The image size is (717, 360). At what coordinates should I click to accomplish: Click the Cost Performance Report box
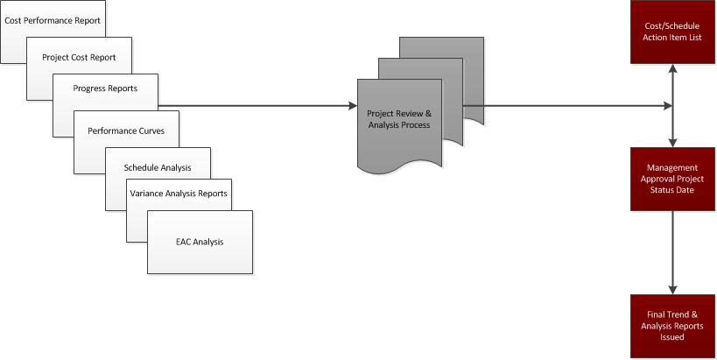click(53, 18)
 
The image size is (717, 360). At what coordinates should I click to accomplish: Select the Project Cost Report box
click(79, 57)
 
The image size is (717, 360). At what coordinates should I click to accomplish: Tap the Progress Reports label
click(105, 88)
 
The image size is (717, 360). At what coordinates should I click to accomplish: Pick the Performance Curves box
click(126, 131)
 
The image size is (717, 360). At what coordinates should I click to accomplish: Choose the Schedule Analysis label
click(158, 166)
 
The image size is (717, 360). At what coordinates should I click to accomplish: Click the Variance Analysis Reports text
click(179, 193)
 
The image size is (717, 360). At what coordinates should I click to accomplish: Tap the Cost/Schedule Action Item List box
click(672, 32)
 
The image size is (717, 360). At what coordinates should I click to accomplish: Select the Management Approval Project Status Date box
click(672, 179)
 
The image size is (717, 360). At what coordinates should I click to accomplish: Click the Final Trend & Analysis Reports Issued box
click(672, 326)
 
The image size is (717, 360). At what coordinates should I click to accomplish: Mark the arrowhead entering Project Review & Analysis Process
click(352, 107)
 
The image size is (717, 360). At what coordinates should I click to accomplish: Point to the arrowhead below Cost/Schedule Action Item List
click(672, 69)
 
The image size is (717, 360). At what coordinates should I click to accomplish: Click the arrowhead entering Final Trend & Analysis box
click(672, 290)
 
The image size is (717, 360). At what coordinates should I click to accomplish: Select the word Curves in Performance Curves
click(162, 131)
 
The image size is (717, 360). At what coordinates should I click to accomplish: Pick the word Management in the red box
click(672, 167)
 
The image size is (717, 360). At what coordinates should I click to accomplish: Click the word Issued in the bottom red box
click(672, 337)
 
